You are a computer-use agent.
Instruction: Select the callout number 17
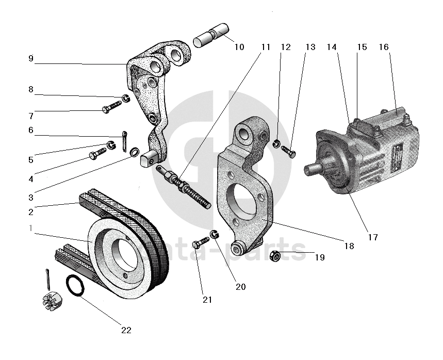click(x=373, y=237)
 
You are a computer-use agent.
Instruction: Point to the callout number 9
click(x=31, y=59)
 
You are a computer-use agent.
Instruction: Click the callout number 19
click(x=319, y=257)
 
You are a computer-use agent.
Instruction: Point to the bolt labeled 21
click(x=201, y=241)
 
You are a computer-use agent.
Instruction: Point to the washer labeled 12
click(x=276, y=143)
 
